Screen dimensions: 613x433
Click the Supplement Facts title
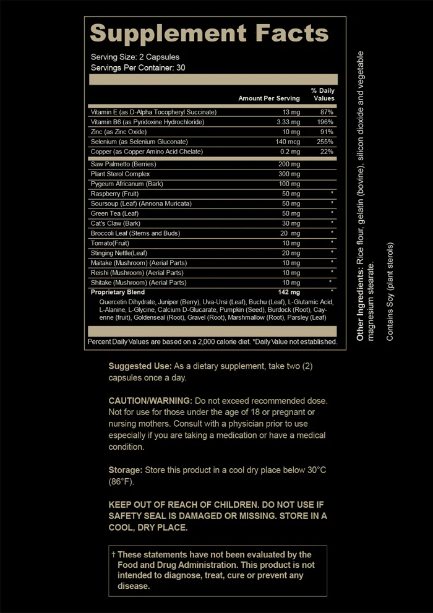click(210, 33)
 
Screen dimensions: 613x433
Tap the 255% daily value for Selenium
click(326, 142)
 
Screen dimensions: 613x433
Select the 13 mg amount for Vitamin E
click(291, 112)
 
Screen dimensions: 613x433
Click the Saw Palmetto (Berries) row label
click(123, 164)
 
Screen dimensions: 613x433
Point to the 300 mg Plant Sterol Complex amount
click(289, 174)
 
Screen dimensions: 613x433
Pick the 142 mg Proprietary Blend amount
click(289, 292)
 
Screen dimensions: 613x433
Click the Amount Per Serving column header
click(269, 98)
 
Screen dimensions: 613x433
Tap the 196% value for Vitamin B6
click(326, 122)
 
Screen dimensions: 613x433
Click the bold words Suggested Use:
click(140, 366)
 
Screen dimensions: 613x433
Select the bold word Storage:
click(125, 470)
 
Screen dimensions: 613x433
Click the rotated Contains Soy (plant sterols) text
click(390, 291)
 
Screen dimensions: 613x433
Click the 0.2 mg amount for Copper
click(291, 152)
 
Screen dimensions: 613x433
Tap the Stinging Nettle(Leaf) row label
click(118, 253)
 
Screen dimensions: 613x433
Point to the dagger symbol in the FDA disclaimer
click(113, 554)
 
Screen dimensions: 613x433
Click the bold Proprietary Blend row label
click(118, 292)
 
